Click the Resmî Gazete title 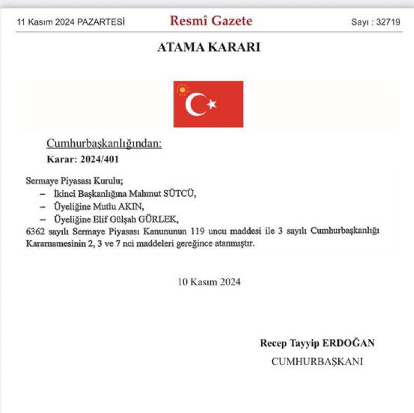pos(211,22)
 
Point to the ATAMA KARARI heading pos(208,48)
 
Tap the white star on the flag pos(212,105)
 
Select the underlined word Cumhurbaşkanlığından pos(104,143)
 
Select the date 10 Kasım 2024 pos(209,281)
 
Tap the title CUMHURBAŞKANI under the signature pos(317,361)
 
